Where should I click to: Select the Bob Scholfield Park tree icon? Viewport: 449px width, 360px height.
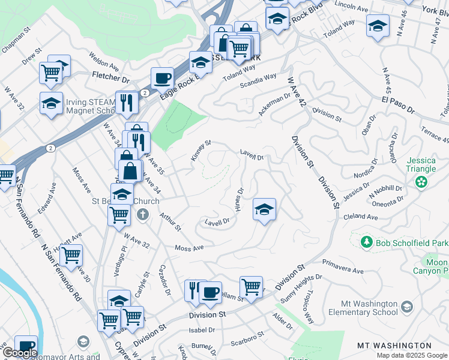point(366,242)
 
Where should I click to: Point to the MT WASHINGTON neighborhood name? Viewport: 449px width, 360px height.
point(394,346)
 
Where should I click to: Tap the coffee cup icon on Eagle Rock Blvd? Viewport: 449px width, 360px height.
point(162,78)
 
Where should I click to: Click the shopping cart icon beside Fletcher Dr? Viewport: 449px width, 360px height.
point(51,73)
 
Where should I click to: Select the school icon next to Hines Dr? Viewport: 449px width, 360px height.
point(264,209)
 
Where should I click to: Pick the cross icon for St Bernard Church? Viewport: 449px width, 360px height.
point(142,214)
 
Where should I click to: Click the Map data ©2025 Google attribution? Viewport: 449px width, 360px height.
point(411,355)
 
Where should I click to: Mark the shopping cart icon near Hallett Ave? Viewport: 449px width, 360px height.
point(71,255)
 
